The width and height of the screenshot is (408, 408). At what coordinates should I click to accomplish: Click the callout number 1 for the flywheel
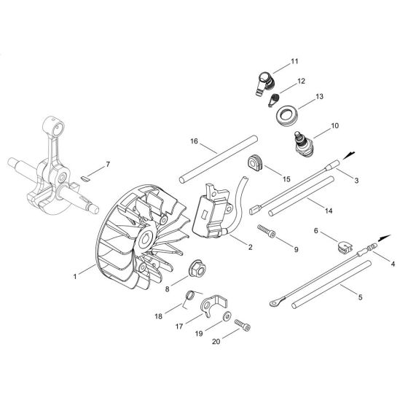(76, 276)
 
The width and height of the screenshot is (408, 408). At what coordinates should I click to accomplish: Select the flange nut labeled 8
(196, 267)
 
